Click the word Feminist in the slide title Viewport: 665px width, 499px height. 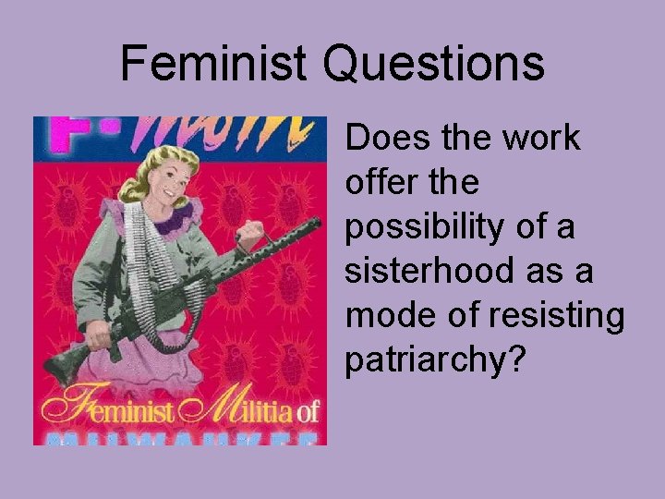coord(213,64)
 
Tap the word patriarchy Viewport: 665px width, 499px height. coord(424,360)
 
